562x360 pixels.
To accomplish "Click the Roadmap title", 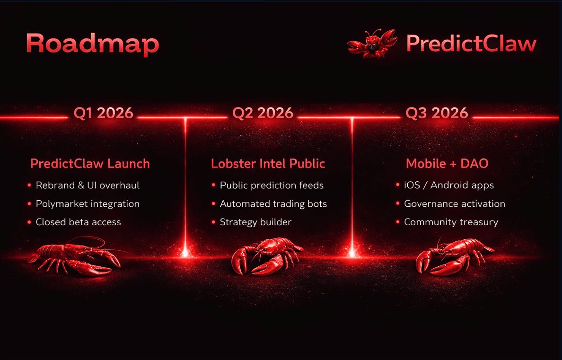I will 92,44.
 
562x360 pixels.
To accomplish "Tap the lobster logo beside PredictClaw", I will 372,44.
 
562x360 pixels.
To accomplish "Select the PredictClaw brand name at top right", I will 471,44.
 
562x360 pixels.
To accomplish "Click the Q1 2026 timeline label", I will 103,114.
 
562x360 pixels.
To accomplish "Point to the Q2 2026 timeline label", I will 263,114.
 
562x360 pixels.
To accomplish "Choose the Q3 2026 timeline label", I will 437,114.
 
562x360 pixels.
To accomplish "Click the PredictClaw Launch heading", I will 90,164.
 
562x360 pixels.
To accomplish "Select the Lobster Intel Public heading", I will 268,164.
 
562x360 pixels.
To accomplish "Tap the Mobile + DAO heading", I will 447,164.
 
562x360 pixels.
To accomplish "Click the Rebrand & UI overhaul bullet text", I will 88,185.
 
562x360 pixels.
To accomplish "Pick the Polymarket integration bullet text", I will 88,203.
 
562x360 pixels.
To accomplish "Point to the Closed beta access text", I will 79,222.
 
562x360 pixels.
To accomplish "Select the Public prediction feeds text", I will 272,185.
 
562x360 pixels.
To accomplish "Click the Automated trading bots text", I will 273,203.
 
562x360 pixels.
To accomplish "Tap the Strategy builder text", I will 255,222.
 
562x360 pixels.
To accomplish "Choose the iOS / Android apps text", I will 449,185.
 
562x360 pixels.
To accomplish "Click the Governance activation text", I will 455,203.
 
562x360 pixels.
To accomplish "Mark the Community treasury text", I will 451,222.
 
